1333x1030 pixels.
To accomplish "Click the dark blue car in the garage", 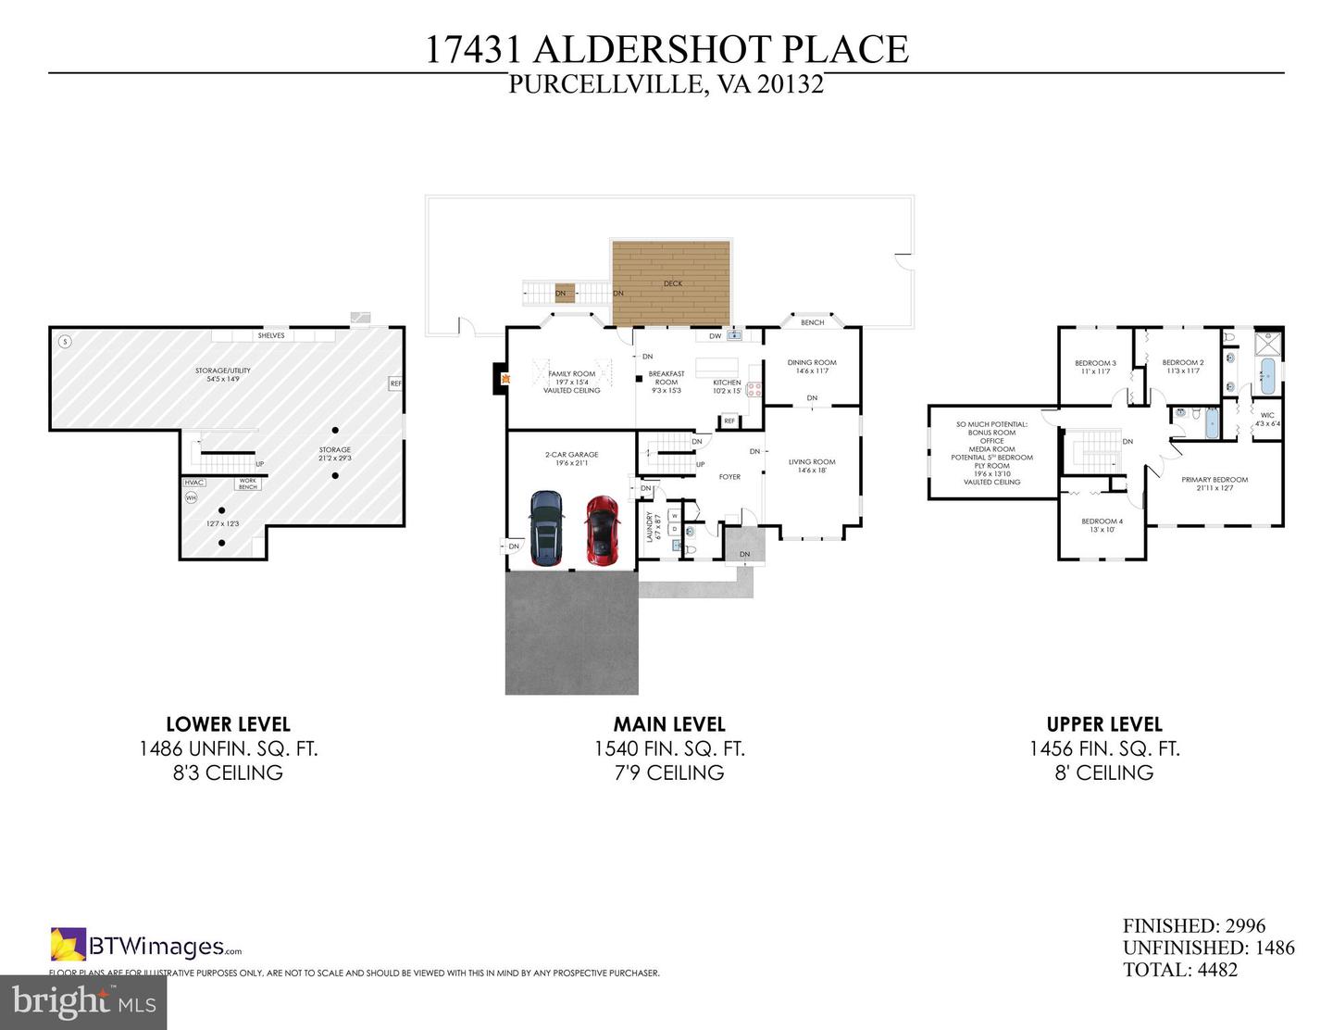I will click(545, 528).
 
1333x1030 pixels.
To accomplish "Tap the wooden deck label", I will click(672, 283).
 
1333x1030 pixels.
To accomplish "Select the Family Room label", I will click(571, 374).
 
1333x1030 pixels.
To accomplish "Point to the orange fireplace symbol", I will click(504, 378).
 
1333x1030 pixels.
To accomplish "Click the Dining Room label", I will click(811, 363).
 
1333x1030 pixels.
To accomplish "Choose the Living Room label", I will click(812, 461).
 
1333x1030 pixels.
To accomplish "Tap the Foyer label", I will click(729, 477).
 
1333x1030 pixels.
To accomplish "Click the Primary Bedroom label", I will click(1214, 480).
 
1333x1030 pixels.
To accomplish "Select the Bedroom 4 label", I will click(1102, 521).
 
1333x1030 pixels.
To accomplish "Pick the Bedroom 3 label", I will click(1095, 363).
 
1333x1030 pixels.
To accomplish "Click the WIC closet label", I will click(1267, 416).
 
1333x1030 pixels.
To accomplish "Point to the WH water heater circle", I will click(192, 497).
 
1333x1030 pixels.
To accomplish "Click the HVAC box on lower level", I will click(193, 483).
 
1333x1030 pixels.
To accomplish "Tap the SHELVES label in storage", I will click(271, 335).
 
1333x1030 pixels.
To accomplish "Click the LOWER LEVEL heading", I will click(228, 724).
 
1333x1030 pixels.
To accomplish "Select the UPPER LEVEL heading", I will click(1103, 724).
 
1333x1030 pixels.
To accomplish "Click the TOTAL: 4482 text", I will click(1179, 970).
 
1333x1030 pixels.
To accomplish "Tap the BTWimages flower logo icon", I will click(68, 944).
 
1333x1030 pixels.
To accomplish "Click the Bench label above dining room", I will click(812, 322).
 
